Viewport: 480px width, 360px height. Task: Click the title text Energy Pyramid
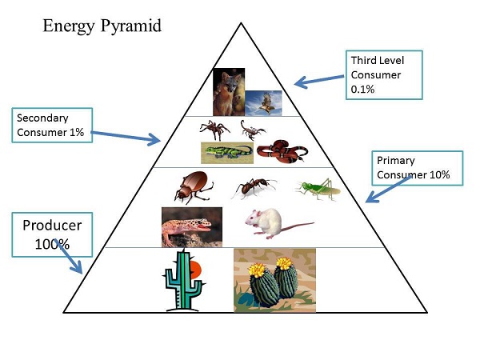(x=102, y=26)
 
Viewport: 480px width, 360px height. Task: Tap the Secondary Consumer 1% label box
(x=54, y=124)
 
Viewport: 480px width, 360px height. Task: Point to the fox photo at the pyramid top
(x=228, y=92)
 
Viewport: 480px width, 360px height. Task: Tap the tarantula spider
(x=215, y=130)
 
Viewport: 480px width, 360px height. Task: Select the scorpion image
(x=254, y=128)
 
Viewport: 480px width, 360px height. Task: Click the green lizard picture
(x=226, y=151)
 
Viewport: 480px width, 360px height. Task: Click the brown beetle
(x=193, y=187)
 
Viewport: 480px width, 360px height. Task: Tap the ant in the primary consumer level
(x=254, y=188)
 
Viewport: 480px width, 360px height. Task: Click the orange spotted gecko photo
(x=191, y=226)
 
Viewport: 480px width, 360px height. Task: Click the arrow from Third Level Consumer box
(x=321, y=78)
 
